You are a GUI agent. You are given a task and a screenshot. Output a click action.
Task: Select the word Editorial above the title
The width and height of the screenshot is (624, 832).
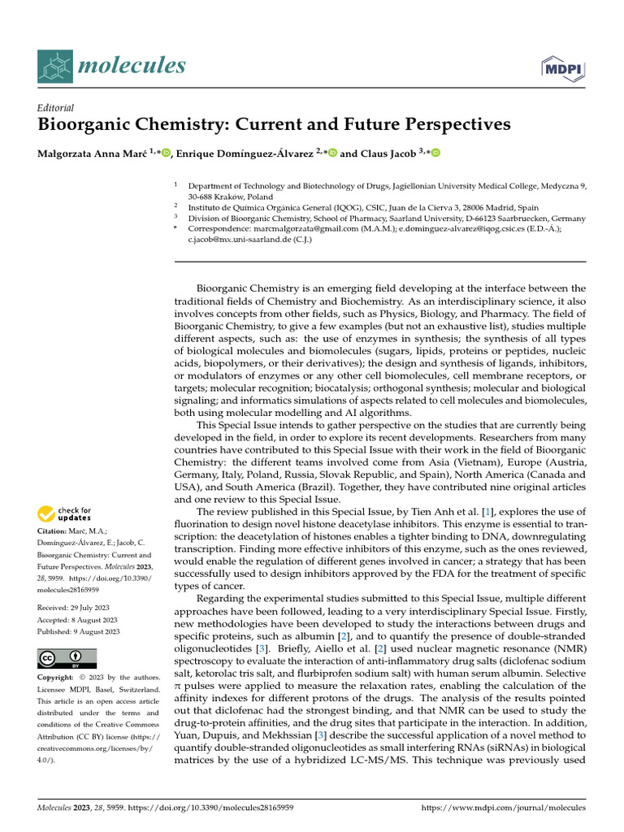coord(56,107)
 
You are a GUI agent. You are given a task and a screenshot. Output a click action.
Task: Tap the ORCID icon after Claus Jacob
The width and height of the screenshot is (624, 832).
coord(435,152)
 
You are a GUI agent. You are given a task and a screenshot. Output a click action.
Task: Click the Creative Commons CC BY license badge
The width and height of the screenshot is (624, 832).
coord(67,658)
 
